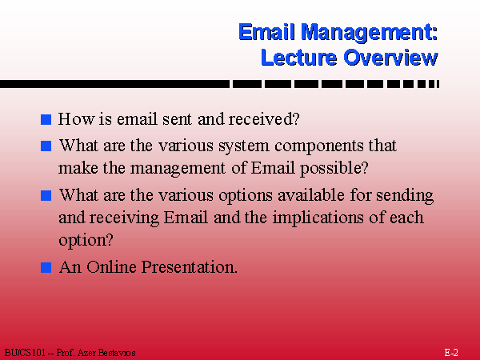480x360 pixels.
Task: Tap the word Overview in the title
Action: pyautogui.click(x=390, y=58)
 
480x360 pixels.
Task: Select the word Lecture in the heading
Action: pyautogui.click(x=298, y=58)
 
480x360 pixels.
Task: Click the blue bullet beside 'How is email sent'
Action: pyautogui.click(x=46, y=119)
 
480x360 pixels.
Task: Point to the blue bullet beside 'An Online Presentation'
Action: pyautogui.click(x=46, y=267)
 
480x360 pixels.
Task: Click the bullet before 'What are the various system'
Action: pyautogui.click(x=46, y=146)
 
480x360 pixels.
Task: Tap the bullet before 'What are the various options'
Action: pyautogui.click(x=46, y=196)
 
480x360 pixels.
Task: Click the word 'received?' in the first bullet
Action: pyautogui.click(x=264, y=118)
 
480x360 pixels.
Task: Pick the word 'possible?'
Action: pyautogui.click(x=334, y=169)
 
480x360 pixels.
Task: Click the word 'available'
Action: pyautogui.click(x=311, y=195)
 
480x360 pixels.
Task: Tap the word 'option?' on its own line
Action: pyautogui.click(x=86, y=240)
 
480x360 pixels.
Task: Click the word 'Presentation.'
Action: pyautogui.click(x=190, y=267)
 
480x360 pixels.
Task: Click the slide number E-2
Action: pyautogui.click(x=451, y=352)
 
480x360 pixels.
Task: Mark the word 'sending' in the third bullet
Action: pyautogui.click(x=405, y=196)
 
